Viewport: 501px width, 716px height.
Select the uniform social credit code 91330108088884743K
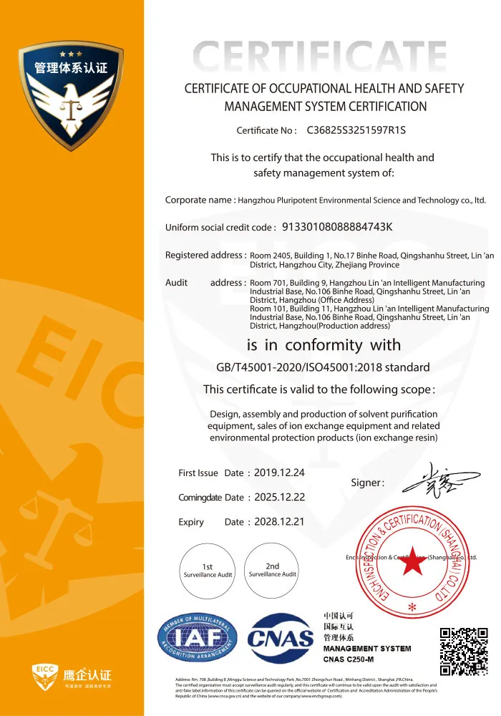pos(338,227)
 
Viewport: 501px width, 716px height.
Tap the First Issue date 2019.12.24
pos(279,473)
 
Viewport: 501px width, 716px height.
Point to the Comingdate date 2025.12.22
pos(279,498)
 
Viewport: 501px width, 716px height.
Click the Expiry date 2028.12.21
pos(279,522)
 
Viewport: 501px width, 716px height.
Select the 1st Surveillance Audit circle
pos(207,571)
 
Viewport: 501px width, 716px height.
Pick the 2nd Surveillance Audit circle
pos(272,570)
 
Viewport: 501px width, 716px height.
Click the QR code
pos(463,652)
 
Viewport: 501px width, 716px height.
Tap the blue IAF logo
pos(197,639)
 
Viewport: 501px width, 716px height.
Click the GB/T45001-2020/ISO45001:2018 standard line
pos(323,367)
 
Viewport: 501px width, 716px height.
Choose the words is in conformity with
pos(324,344)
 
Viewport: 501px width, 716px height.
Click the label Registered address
pos(205,255)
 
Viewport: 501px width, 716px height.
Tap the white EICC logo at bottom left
pos(72,674)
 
